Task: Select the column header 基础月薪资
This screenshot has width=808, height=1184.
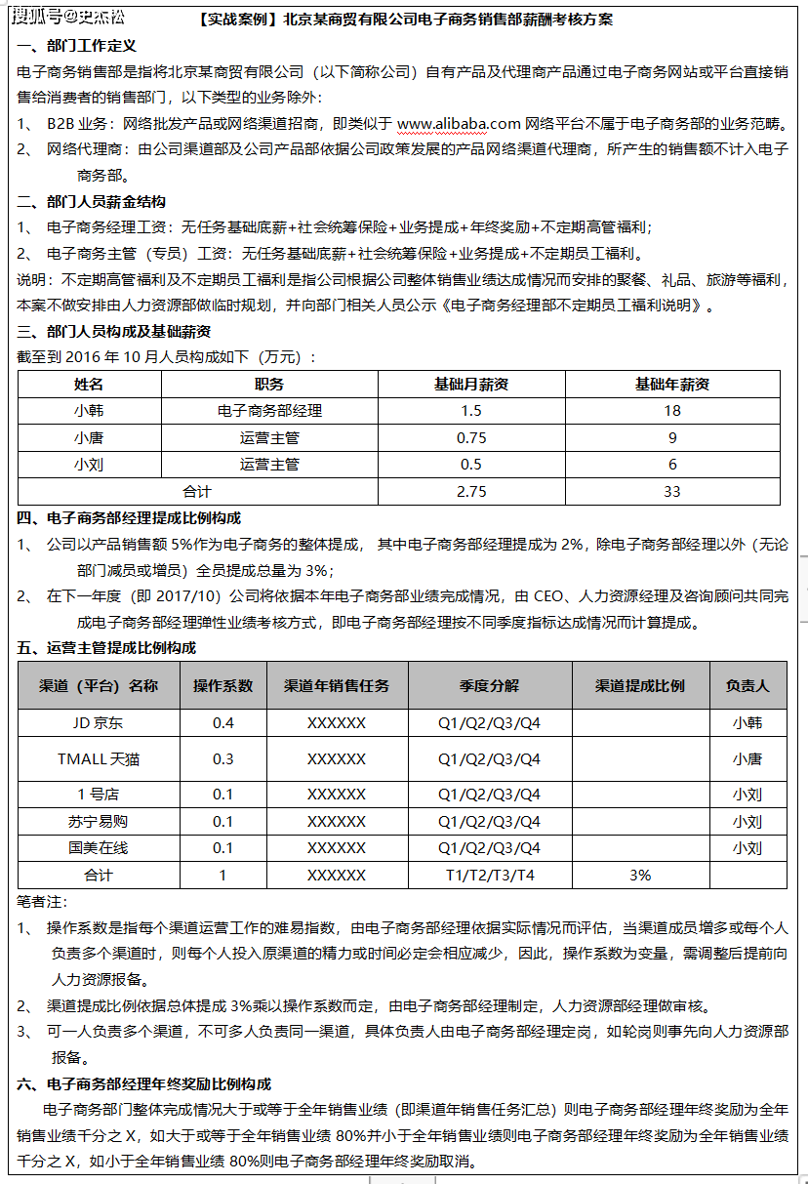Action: coord(471,384)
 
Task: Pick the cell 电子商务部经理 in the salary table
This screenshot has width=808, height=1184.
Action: coord(269,411)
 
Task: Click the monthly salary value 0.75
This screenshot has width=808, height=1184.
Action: coord(471,437)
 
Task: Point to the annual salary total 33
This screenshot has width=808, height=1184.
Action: coord(671,491)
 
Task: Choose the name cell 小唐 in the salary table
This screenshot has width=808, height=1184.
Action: coord(89,437)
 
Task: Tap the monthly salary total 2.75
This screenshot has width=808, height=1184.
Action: coord(471,491)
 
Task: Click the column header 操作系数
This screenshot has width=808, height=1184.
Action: coord(223,685)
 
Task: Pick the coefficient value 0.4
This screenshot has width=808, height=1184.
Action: coord(223,723)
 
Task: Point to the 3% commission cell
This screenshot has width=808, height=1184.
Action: coord(640,875)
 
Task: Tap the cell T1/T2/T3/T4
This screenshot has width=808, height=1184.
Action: coord(490,875)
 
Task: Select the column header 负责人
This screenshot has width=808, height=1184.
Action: coord(747,685)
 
